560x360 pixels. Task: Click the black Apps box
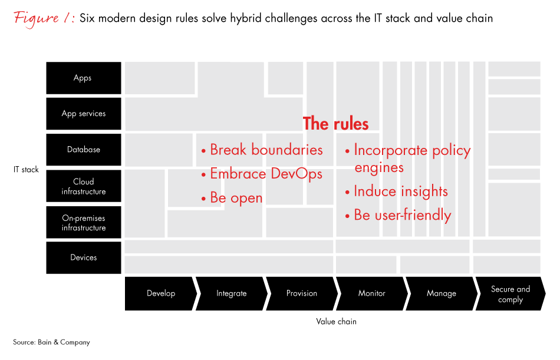coord(83,78)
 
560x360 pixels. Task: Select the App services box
coord(83,114)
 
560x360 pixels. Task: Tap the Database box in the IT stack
coord(83,150)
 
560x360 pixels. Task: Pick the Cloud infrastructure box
coord(83,186)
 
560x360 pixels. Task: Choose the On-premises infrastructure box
coord(83,222)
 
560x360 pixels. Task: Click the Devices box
coord(83,257)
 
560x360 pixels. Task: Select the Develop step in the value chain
coord(160,293)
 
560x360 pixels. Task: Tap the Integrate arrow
coord(231,293)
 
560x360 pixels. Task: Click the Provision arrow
coord(301,293)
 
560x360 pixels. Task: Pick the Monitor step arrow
coord(371,293)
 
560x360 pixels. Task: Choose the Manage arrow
coord(441,293)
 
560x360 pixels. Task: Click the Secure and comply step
coord(510,294)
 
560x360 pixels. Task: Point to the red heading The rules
coord(335,124)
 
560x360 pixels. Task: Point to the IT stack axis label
coord(26,170)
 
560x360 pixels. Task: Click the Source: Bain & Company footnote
coord(51,342)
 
